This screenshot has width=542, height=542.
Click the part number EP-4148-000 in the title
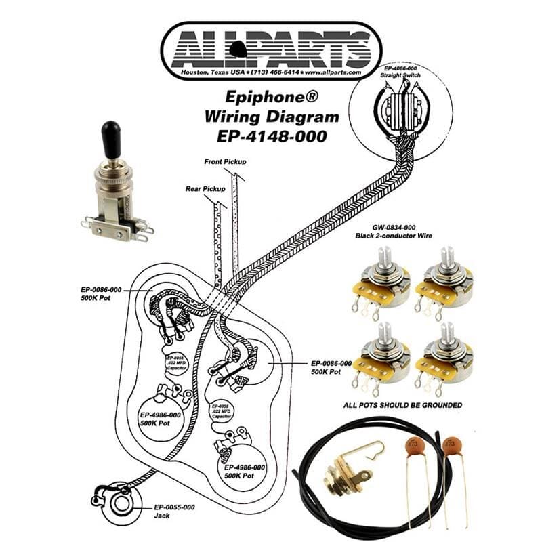point(271,135)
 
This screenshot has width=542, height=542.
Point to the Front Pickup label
point(225,162)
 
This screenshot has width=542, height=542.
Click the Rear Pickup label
point(206,189)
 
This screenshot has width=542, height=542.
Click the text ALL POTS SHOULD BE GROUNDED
point(402,405)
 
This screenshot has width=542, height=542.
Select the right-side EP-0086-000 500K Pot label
point(331,367)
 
